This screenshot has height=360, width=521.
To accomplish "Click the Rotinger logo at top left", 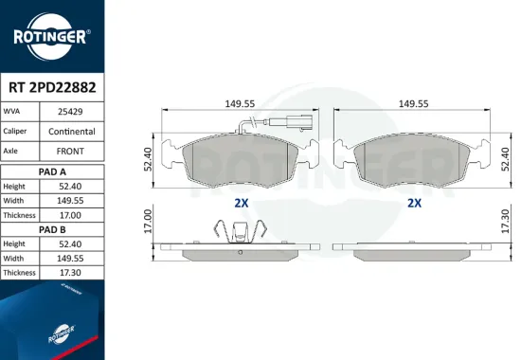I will pyautogui.click(x=52, y=36).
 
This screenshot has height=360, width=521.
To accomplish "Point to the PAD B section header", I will pyautogui.click(x=52, y=229).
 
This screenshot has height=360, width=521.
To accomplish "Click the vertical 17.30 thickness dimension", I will pyautogui.click(x=507, y=225).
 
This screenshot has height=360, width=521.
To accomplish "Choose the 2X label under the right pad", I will pyautogui.click(x=414, y=203).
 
